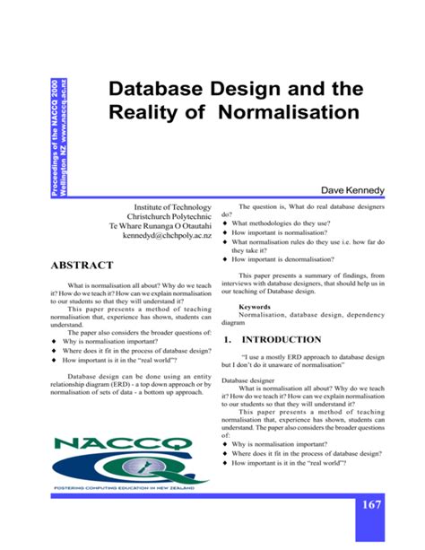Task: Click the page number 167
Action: tap(371, 505)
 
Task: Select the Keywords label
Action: tap(257, 307)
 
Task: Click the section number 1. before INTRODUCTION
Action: tap(228, 340)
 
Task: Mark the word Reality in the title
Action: tap(145, 114)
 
